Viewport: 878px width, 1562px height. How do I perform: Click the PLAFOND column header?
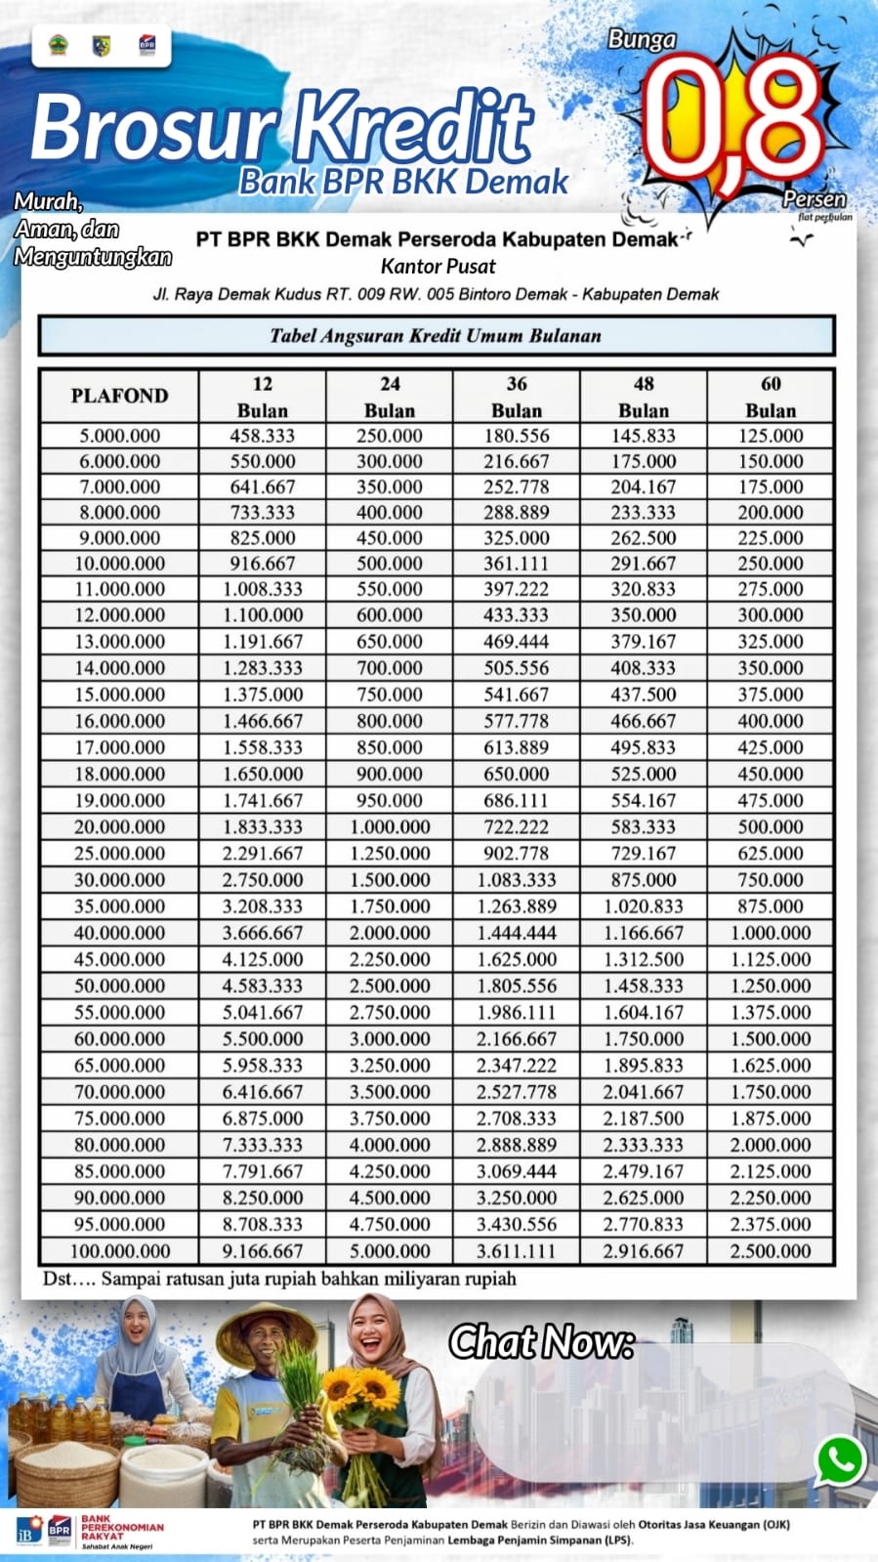(x=119, y=396)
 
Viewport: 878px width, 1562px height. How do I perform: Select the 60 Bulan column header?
(x=771, y=397)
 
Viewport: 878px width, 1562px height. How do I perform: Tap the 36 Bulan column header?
(x=517, y=397)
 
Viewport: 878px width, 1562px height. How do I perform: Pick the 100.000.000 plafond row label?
(x=119, y=1250)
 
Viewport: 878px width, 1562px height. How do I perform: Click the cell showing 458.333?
(x=262, y=436)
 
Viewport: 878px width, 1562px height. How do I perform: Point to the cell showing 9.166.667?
(x=262, y=1250)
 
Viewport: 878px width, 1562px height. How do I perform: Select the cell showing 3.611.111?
(x=517, y=1250)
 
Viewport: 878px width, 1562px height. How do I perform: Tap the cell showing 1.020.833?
(x=643, y=907)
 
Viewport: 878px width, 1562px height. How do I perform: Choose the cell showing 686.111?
(x=517, y=800)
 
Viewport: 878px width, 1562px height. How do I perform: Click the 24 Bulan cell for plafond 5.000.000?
(x=389, y=436)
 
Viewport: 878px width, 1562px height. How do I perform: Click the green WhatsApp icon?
(x=840, y=1461)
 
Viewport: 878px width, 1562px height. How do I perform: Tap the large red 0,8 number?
(x=732, y=117)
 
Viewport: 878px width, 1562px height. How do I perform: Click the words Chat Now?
(x=541, y=1342)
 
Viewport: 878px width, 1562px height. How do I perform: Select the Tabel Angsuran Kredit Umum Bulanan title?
(x=436, y=335)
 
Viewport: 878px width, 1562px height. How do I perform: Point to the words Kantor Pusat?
(x=438, y=266)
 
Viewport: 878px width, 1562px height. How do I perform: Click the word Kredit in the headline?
(x=415, y=127)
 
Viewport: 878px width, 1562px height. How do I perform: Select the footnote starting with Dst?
(x=279, y=1279)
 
